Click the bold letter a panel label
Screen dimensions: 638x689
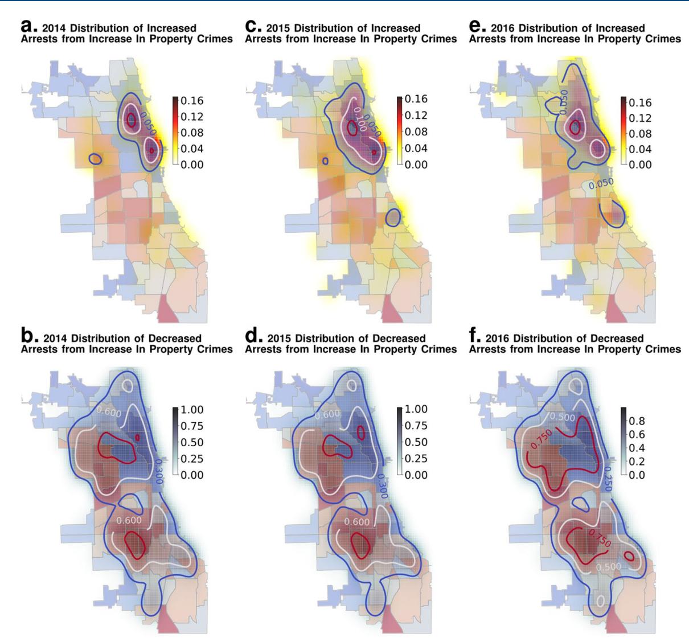[28, 28]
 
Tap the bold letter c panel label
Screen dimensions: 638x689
[252, 28]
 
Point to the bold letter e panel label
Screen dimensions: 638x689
[476, 28]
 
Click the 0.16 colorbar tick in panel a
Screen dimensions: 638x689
[192, 101]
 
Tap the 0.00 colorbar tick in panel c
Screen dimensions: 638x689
[416, 164]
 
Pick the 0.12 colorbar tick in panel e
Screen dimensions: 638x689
[641, 118]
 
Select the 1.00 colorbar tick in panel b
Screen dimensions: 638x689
[192, 410]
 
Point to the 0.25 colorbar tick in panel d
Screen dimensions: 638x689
[416, 459]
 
